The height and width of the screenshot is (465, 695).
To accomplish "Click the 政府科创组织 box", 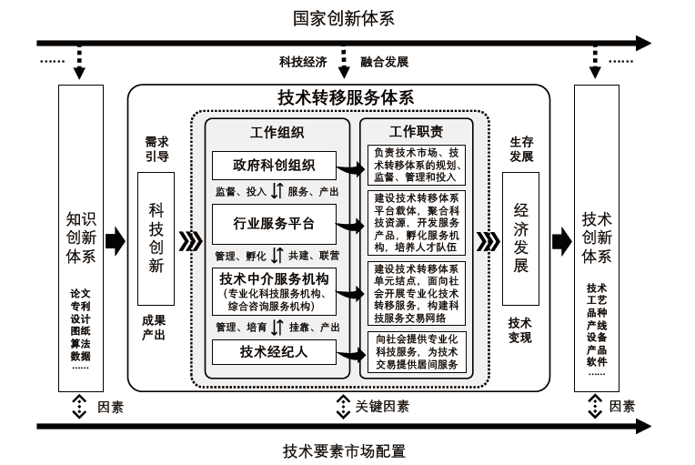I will coord(274,165).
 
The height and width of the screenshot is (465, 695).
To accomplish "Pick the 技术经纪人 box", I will coord(274,352).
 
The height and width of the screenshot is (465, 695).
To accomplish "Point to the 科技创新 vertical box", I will coord(156,238).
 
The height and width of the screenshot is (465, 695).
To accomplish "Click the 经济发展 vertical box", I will coord(520,238).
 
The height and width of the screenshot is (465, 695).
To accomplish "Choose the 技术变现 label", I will coord(520,329).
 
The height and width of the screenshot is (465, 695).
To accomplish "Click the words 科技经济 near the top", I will coord(303,62).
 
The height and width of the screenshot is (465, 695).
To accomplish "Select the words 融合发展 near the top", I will coord(384,62).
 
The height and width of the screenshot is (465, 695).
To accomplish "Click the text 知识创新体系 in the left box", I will coord(81,238).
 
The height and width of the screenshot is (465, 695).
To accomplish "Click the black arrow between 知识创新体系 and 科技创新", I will coord(115,241).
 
